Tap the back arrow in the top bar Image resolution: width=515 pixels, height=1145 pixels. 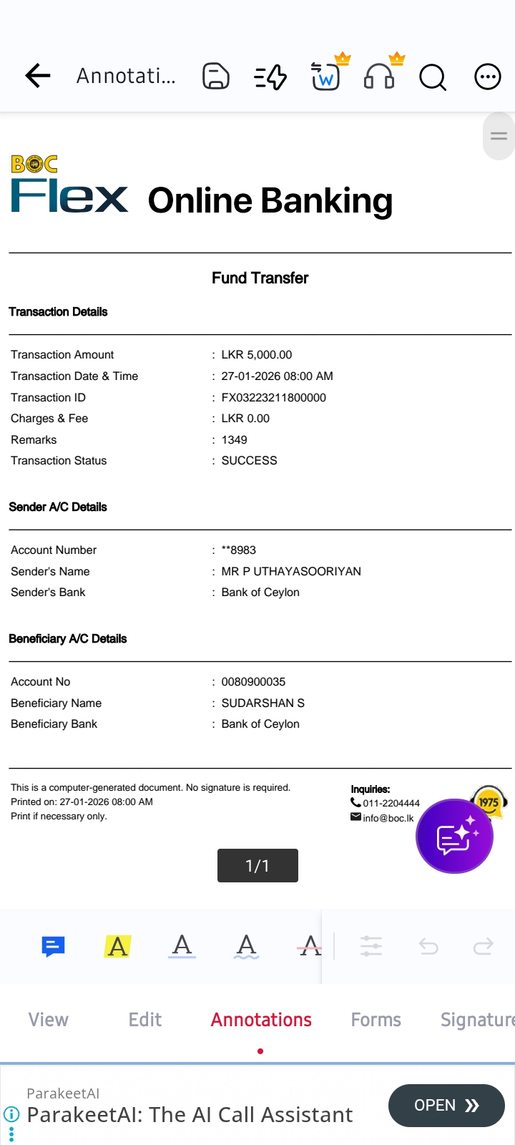pos(37,75)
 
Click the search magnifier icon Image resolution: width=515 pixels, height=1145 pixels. pos(432,76)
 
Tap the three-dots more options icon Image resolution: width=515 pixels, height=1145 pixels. pos(488,76)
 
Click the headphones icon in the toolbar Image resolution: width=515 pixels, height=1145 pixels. pos(379,75)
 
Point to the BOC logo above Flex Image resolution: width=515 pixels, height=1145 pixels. pos(34,164)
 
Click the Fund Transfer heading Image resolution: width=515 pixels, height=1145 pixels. pos(260,278)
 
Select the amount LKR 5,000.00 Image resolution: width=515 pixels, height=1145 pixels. pos(256,354)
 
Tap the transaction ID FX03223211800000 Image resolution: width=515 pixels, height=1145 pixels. pos(273,397)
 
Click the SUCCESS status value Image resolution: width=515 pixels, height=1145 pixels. pos(249,460)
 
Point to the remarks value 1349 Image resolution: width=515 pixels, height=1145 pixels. pos(234,439)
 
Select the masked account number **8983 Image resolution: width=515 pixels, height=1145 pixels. pos(238,550)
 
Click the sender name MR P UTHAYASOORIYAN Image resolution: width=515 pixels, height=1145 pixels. pos(291,571)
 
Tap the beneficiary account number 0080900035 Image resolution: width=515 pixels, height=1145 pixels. pos(253,681)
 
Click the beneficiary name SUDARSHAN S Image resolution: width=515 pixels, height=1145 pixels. pos(263,703)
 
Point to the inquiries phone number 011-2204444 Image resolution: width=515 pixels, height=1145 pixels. pos(391,803)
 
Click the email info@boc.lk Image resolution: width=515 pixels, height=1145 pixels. pos(388,818)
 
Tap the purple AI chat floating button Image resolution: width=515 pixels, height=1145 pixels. pos(454,836)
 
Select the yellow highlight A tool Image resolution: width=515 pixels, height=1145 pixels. pos(118,946)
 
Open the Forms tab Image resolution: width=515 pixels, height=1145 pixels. pos(376,1020)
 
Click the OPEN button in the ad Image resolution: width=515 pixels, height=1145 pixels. pos(446,1106)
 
